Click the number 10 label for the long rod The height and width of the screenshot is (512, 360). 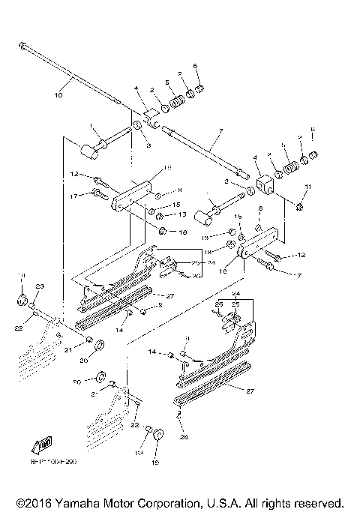(59, 95)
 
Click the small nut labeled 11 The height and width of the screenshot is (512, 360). (300, 205)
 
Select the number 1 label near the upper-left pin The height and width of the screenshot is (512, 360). (90, 126)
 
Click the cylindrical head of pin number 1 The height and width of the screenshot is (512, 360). (89, 153)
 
